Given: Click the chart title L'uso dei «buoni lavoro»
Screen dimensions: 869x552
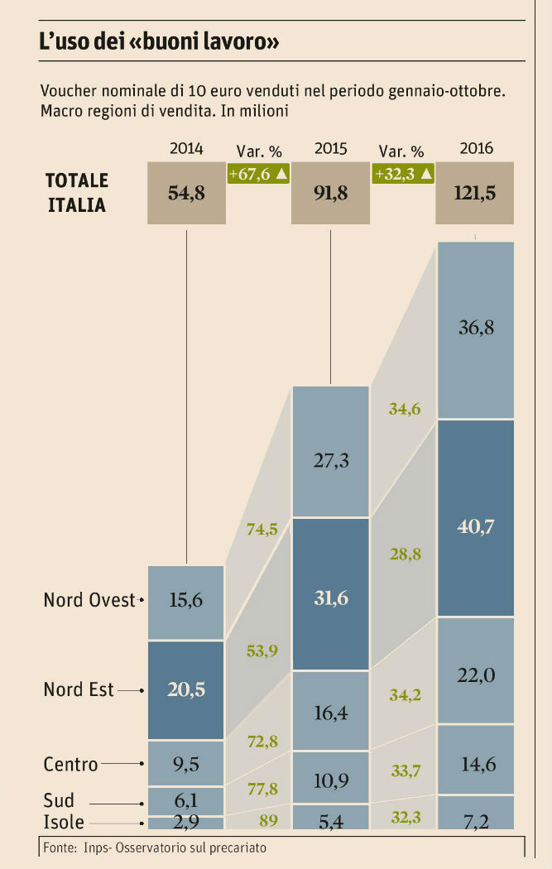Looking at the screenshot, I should pyautogui.click(x=158, y=43).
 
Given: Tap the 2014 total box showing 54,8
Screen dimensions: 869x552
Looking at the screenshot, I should pyautogui.click(x=186, y=194).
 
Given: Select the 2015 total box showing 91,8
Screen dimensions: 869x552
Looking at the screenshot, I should pyautogui.click(x=330, y=194).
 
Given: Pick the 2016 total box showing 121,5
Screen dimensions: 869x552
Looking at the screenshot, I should pyautogui.click(x=475, y=194).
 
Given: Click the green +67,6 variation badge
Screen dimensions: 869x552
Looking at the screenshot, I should pyautogui.click(x=257, y=174).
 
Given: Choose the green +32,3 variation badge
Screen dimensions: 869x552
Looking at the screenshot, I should pyautogui.click(x=403, y=174).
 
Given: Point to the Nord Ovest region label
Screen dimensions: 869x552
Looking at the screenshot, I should pyautogui.click(x=89, y=600).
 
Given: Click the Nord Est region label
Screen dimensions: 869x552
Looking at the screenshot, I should pyautogui.click(x=79, y=689).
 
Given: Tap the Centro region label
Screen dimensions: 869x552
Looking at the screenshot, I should pyautogui.click(x=70, y=765).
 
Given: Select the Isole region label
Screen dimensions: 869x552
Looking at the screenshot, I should pyautogui.click(x=63, y=823).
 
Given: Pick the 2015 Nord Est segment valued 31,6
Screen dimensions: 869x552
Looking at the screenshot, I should pyautogui.click(x=330, y=594).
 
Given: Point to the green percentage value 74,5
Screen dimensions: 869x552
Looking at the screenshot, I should pyautogui.click(x=262, y=531).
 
